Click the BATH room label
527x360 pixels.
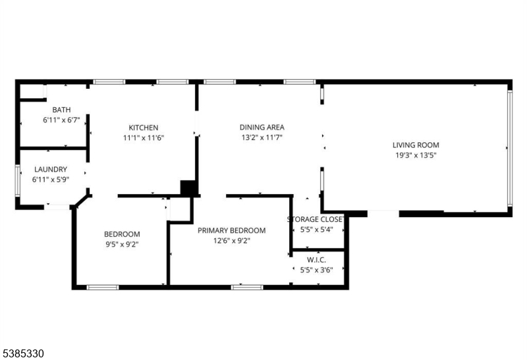[61, 110]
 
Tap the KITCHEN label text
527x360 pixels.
[144, 128]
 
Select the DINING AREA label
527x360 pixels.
[262, 127]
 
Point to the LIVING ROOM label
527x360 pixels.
[416, 145]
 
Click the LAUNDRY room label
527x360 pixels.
[51, 169]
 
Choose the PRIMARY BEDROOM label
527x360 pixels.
[232, 230]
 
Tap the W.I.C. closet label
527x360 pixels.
[316, 260]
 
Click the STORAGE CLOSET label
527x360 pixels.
[316, 219]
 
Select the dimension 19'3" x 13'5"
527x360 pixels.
[416, 155]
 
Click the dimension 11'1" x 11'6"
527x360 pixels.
[144, 138]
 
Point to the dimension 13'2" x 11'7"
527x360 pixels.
[262, 138]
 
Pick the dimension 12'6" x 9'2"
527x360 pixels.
[232, 241]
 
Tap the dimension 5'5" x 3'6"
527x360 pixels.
[316, 270]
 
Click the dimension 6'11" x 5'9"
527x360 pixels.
[51, 180]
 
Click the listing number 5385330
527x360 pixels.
[23, 353]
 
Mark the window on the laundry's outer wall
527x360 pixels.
[18, 181]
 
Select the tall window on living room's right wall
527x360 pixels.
[510, 148]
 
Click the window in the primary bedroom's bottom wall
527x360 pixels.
[247, 288]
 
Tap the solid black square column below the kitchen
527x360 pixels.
[188, 188]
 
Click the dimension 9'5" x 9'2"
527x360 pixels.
[122, 244]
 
